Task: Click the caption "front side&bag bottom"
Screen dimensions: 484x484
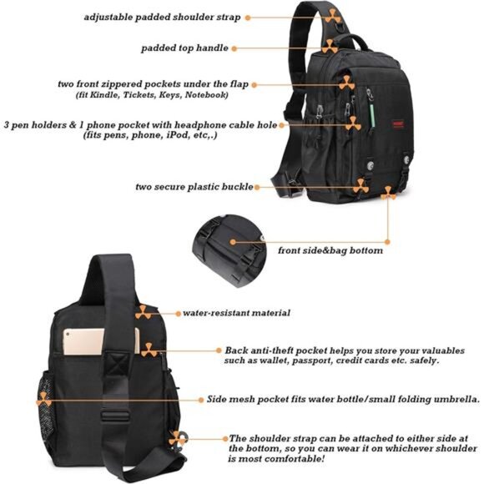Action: [x=330, y=250]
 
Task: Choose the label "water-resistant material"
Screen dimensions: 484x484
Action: [x=237, y=313]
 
